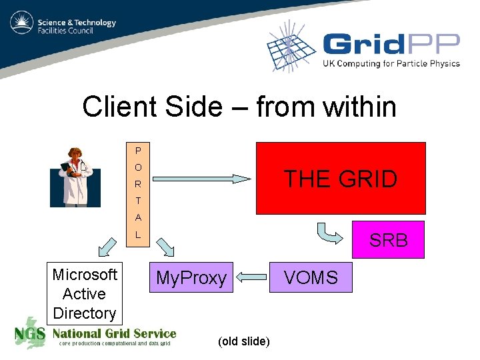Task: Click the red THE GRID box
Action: pos(341,178)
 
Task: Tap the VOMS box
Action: pos(311,277)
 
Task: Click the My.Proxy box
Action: pos(191,278)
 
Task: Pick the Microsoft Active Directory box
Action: pos(85,293)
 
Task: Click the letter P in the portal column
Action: pos(138,150)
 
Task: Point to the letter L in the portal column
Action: pos(138,234)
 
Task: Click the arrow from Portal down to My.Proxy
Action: pos(165,247)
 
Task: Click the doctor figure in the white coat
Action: pos(75,177)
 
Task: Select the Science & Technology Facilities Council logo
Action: pos(63,26)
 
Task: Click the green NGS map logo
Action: pos(31,333)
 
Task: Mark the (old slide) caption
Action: pos(244,342)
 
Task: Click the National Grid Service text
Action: pos(114,333)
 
